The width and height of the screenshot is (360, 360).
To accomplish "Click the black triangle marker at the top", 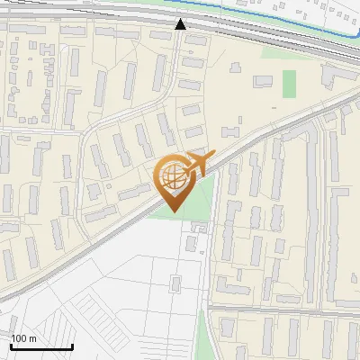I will (181, 24).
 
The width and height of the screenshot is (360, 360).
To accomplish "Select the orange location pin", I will (174, 180).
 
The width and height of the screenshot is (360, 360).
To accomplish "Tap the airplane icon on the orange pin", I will (198, 165).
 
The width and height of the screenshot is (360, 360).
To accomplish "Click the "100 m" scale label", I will (23, 338).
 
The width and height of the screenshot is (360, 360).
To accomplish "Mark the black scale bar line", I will (41, 346).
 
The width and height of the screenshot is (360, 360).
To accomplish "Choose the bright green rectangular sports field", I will (289, 84).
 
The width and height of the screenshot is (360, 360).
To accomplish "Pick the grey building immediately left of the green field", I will (264, 82).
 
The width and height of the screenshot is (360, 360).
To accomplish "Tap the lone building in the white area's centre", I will (175, 284).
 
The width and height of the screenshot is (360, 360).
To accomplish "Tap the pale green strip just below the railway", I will (270, 52).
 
